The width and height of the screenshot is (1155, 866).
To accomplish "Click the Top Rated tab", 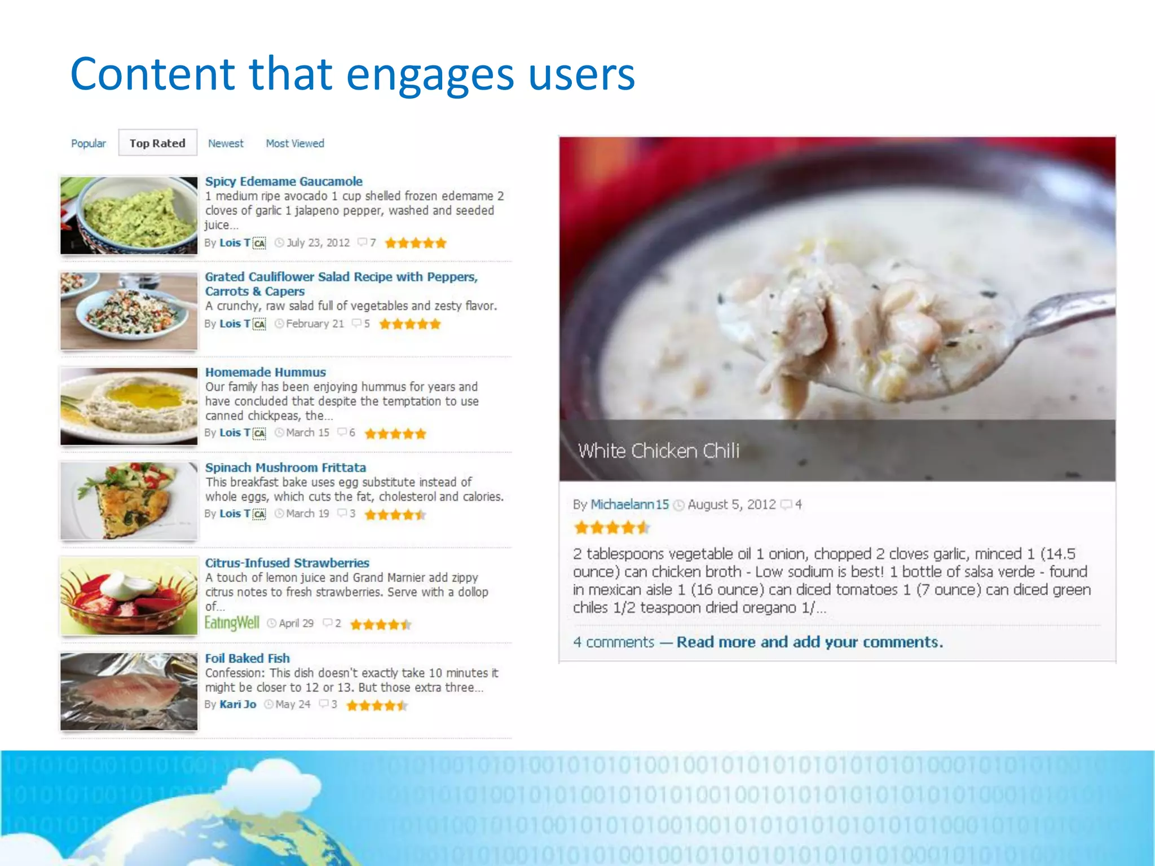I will coord(157,143).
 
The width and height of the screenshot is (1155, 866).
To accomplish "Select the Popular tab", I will coord(89,143).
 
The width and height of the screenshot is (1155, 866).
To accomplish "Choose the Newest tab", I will coord(226,143).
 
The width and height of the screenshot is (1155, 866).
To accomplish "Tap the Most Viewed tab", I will coord(295,143).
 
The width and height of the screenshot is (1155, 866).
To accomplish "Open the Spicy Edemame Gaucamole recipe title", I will coord(284,182).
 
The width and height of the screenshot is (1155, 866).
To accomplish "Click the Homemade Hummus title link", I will coord(266,372).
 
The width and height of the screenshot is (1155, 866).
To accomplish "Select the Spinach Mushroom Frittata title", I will coord(285,467).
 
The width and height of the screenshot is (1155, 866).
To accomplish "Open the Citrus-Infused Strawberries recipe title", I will coord(287,563).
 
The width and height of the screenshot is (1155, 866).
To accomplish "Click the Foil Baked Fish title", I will coord(248,658).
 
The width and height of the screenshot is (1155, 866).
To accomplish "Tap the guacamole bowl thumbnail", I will coord(129,215).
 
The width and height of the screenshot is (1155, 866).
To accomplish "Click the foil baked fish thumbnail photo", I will coord(129,692).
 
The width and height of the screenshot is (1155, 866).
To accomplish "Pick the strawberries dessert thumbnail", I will coord(129,596).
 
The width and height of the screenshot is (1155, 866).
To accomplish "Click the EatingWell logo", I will coord(232,623).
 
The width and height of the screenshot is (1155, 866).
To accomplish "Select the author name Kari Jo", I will coord(238,704).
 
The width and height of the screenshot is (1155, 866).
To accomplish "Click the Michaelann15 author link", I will coord(629,504).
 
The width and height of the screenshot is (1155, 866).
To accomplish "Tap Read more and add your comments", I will coord(810,642).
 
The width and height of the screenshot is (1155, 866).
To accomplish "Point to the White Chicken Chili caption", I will coord(658,450).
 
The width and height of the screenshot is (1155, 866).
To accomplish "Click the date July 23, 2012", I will coord(318,242).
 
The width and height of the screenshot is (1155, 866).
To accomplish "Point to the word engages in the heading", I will coord(430,74).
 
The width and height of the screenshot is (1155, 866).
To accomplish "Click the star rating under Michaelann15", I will coord(611,528).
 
